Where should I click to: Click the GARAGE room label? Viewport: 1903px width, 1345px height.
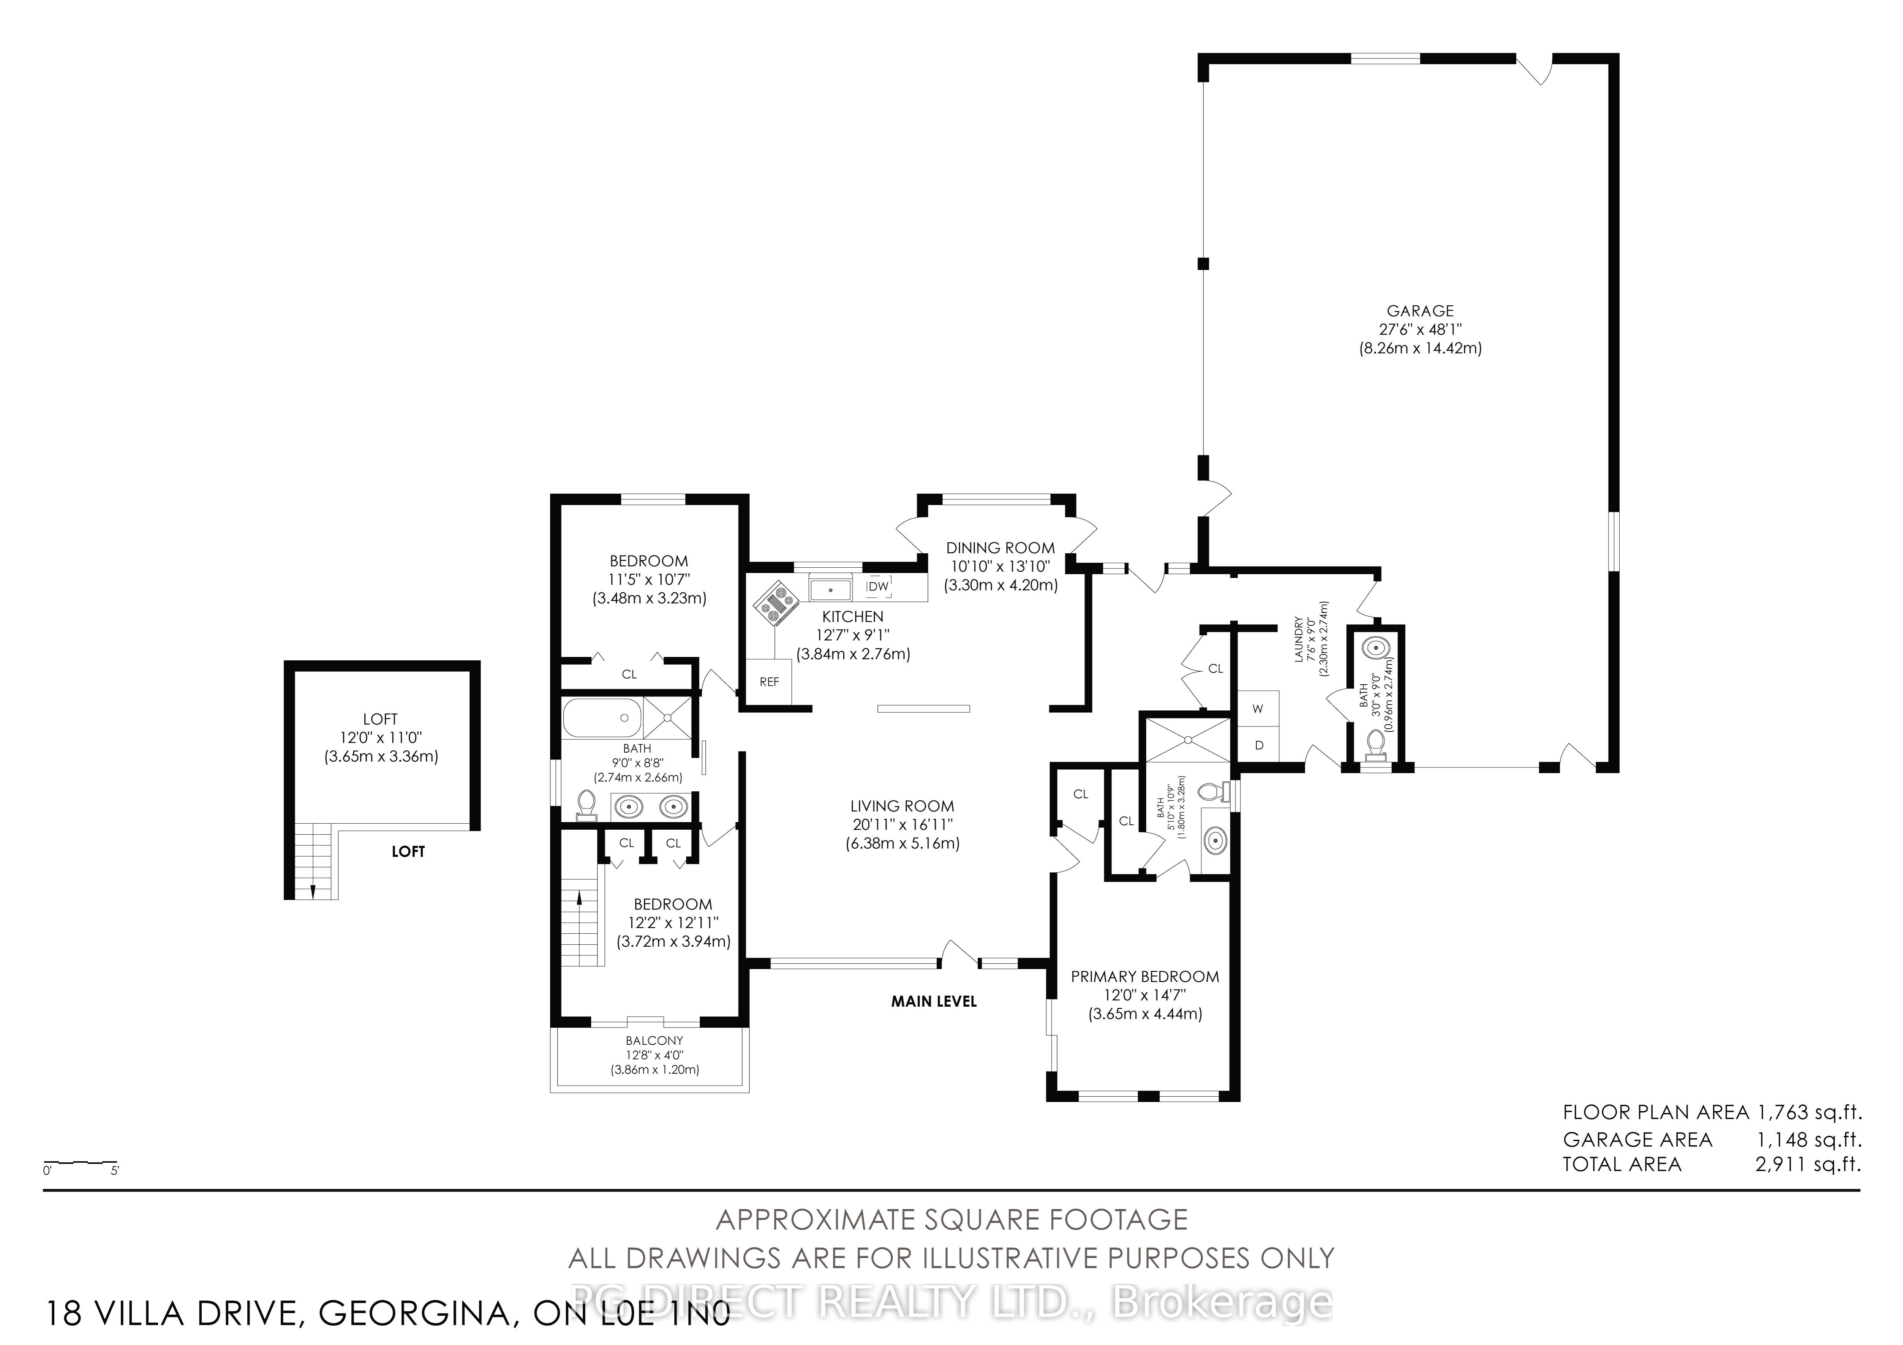coord(1420,311)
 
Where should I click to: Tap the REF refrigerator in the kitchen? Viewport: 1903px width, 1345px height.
coord(769,682)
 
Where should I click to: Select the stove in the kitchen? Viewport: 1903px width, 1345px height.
coord(774,601)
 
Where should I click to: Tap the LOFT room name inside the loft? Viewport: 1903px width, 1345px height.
coord(381,719)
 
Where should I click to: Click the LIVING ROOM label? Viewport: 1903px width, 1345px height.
coord(902,805)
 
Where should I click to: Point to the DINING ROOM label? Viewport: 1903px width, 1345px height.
coord(1000,548)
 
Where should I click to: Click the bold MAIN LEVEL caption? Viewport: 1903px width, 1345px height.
coord(934,1001)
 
